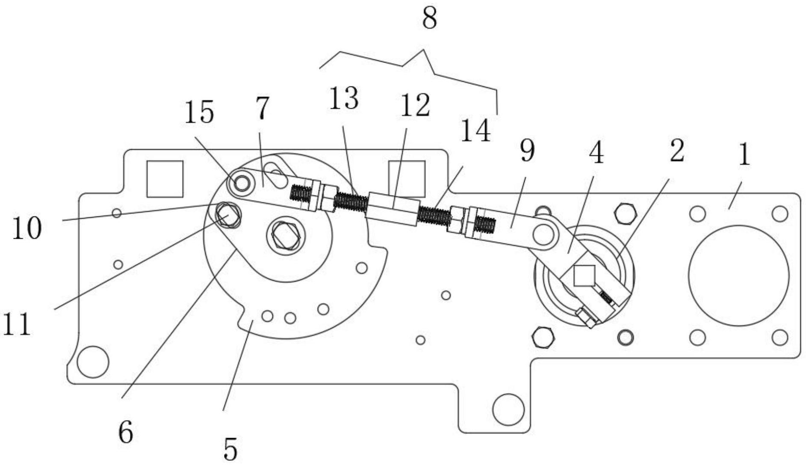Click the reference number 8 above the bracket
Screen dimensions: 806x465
430,19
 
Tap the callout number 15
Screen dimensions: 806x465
199,113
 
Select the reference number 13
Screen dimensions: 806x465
344,98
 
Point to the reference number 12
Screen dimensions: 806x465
415,106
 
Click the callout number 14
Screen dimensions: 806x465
475,130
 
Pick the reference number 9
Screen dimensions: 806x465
527,151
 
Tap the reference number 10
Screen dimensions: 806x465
27,228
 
